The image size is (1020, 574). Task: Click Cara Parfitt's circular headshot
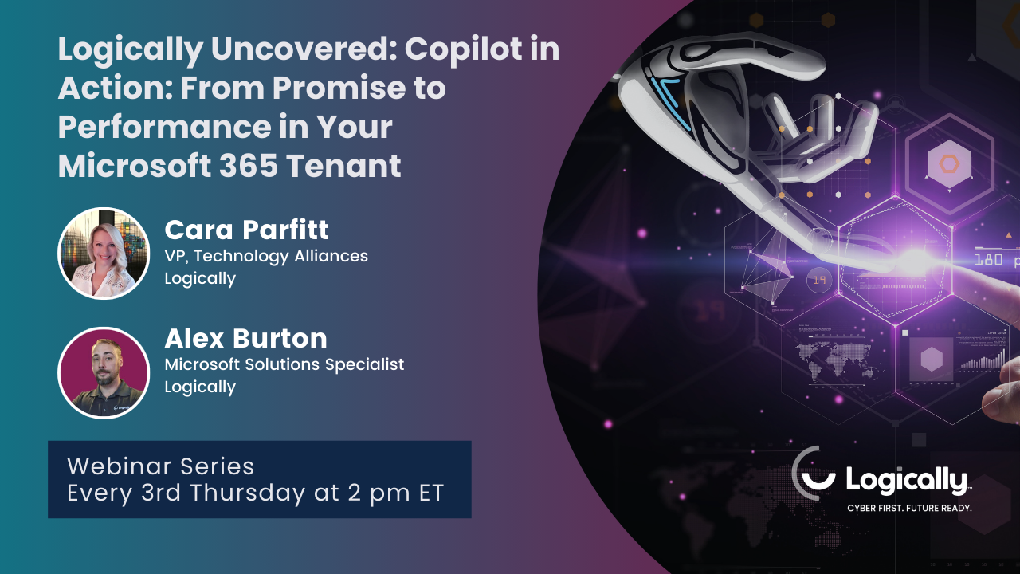(x=104, y=254)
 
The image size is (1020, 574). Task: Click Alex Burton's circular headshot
(x=104, y=372)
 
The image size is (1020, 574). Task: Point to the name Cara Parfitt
(x=246, y=230)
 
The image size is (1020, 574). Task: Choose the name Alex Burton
(x=245, y=339)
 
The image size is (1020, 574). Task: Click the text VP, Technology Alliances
(x=266, y=256)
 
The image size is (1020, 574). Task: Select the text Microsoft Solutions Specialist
(x=284, y=364)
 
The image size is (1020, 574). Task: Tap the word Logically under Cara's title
(x=200, y=278)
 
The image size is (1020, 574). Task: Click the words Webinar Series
(x=161, y=466)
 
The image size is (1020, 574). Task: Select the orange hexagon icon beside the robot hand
(x=948, y=164)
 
